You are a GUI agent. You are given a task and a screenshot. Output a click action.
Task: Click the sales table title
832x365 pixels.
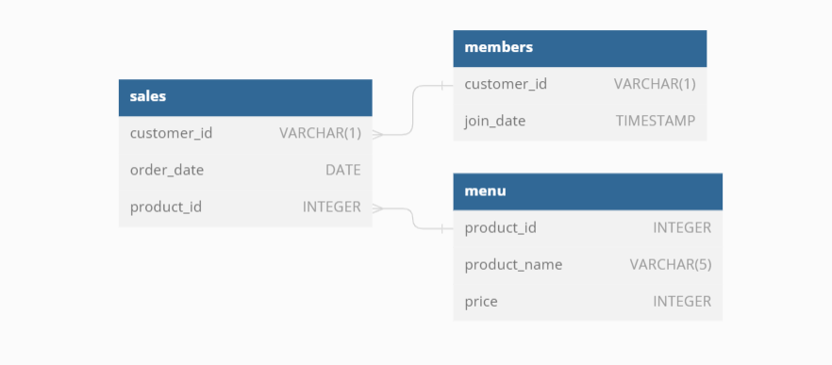[148, 96]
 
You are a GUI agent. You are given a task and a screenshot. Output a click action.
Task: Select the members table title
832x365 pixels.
[498, 47]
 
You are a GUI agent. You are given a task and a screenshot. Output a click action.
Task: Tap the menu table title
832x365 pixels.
[485, 191]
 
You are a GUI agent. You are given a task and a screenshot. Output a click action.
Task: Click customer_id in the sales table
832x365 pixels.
[171, 133]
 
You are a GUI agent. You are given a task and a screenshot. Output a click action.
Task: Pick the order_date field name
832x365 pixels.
[167, 170]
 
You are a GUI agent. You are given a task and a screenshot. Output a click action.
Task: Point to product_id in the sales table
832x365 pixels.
[166, 207]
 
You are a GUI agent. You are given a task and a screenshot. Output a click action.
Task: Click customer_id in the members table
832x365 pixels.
[506, 84]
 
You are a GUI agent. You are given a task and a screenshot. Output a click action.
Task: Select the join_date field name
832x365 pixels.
[495, 121]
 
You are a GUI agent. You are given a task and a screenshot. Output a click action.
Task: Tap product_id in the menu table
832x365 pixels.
[501, 227]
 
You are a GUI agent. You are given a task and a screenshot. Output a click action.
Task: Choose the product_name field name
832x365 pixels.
[513, 264]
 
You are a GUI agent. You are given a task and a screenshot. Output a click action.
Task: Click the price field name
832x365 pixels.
[481, 301]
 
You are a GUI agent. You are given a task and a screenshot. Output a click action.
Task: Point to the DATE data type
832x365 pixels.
[342, 170]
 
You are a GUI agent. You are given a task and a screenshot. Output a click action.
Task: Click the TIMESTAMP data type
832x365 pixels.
[656, 121]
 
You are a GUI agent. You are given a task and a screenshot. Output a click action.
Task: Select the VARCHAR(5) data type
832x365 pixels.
[671, 264]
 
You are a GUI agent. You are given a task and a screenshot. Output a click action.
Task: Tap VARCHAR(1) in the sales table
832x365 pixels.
[320, 133]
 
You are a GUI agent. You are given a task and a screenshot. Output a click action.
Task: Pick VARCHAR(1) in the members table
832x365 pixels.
[655, 84]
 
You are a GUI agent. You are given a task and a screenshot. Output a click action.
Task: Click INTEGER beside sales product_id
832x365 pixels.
[331, 207]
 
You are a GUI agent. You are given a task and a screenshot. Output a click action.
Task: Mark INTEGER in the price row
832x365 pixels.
[682, 301]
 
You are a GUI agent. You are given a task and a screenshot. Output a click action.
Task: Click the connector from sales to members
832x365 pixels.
[413, 108]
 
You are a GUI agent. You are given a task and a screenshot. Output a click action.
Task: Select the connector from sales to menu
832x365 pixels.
[412, 218]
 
